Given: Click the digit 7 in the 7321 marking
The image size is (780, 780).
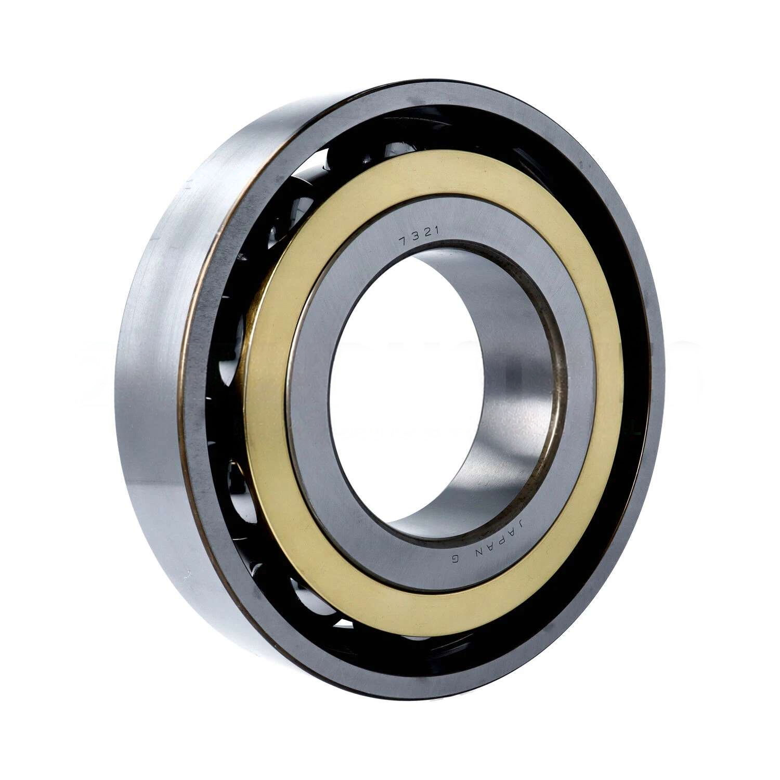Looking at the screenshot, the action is [x=402, y=240].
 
